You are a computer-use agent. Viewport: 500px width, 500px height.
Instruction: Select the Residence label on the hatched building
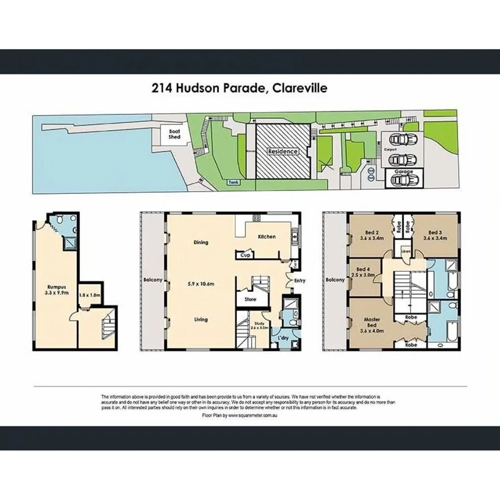(283, 151)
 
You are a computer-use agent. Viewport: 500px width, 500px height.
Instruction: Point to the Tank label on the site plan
(232, 182)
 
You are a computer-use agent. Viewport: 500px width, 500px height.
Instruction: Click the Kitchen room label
(266, 237)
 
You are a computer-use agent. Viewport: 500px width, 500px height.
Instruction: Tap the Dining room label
(201, 242)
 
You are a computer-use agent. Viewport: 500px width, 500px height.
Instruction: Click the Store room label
(250, 299)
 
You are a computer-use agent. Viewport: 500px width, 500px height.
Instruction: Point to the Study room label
(258, 323)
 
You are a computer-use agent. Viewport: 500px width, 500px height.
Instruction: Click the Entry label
(300, 281)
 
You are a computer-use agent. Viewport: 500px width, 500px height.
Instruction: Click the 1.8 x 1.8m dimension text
(89, 296)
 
